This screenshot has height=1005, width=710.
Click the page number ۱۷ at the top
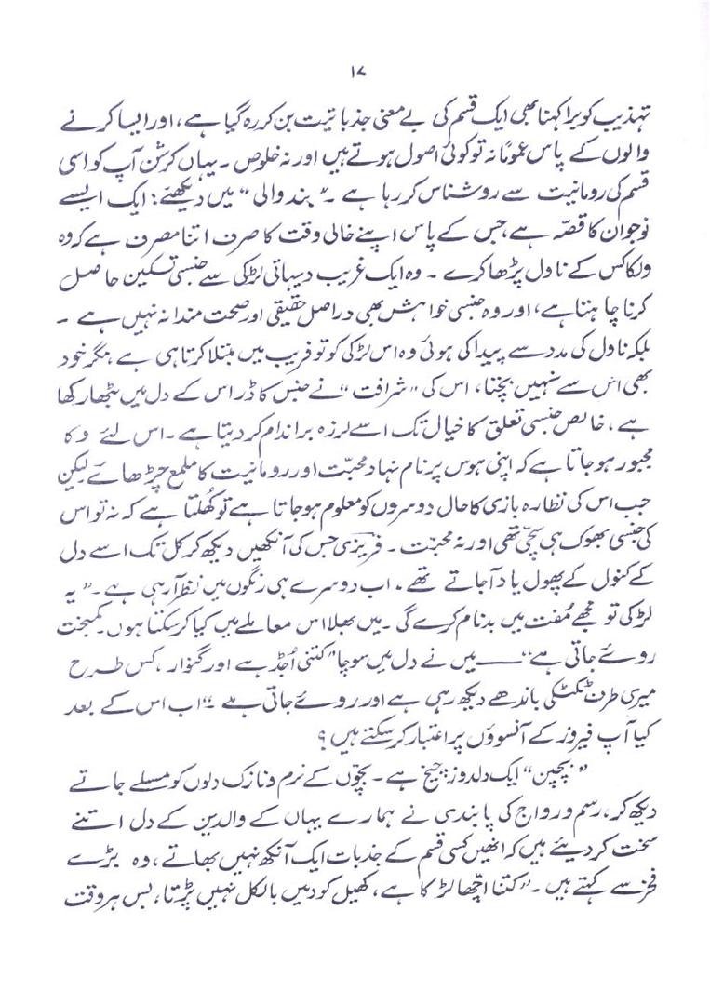coord(355,72)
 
